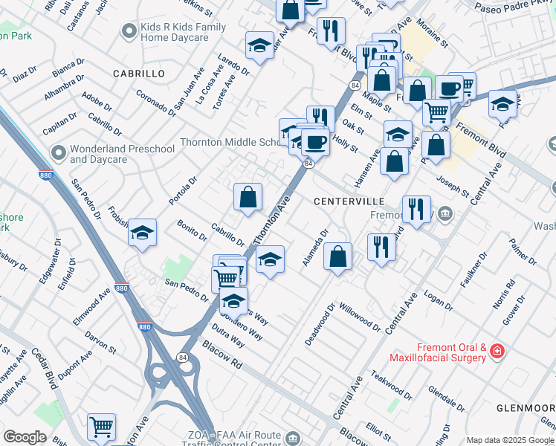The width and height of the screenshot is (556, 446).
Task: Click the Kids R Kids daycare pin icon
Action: tap(129, 32)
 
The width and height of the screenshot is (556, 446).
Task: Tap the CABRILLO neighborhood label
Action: tap(138, 74)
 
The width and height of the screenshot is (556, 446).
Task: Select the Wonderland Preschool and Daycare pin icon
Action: tap(58, 154)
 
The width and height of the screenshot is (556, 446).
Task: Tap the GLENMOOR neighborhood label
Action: tap(524, 408)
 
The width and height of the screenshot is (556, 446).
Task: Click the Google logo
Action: tap(25, 437)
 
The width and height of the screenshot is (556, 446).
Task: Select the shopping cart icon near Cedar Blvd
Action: tap(101, 427)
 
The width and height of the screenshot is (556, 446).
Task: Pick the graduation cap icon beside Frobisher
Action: tap(141, 233)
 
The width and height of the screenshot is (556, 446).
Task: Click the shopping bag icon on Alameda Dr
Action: tap(337, 256)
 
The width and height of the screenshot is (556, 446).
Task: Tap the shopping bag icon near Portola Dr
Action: tap(248, 197)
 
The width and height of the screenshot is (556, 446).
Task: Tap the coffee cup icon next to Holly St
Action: tap(315, 140)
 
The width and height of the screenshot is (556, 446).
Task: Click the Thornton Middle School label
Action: tap(229, 142)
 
